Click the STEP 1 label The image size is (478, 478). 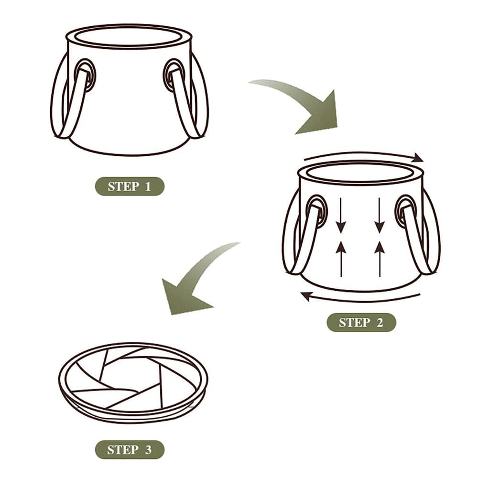click(130, 186)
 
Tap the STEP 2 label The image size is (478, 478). click(361, 323)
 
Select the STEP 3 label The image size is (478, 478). click(130, 450)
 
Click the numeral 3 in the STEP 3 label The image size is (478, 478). click(148, 450)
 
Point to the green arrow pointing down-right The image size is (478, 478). click(306, 105)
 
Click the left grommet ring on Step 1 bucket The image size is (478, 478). click(85, 74)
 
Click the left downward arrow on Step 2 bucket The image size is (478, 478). click(341, 215)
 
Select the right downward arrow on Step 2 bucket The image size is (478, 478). click(380, 215)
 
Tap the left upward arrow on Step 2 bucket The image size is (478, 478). click(341, 258)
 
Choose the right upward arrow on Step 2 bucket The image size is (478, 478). click(380, 258)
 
